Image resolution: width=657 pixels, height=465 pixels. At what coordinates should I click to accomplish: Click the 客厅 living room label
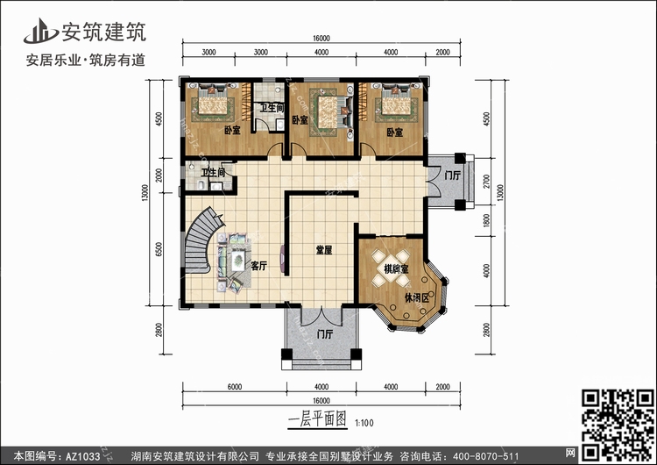(x=259, y=266)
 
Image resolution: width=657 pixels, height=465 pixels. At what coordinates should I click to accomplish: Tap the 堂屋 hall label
(x=324, y=250)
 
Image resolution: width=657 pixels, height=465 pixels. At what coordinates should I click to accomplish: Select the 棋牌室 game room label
(x=396, y=269)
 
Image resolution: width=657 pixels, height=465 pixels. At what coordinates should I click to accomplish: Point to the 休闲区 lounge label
(x=416, y=298)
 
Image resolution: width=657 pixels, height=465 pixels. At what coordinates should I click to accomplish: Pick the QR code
(x=618, y=426)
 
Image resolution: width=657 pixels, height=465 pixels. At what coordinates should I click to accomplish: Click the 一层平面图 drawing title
(x=318, y=419)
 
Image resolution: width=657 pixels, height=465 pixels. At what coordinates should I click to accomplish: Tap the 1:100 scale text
(x=364, y=423)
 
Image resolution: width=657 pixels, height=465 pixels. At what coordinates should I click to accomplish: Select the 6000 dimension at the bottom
(x=235, y=387)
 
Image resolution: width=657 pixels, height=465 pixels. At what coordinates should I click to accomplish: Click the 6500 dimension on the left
(x=159, y=250)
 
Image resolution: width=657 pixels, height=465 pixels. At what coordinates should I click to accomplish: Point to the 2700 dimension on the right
(x=486, y=182)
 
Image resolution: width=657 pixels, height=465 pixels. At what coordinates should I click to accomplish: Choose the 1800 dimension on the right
(x=486, y=220)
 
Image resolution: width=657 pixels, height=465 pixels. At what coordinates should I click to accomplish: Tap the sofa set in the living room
(x=233, y=262)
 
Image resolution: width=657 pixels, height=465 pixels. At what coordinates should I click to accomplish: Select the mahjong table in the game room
(x=392, y=268)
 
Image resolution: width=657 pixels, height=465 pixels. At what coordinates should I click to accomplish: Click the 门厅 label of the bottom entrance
(x=325, y=334)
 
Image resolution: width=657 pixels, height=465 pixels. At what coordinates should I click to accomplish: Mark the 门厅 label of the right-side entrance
(x=452, y=175)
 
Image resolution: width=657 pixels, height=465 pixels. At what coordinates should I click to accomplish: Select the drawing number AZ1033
(x=82, y=456)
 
